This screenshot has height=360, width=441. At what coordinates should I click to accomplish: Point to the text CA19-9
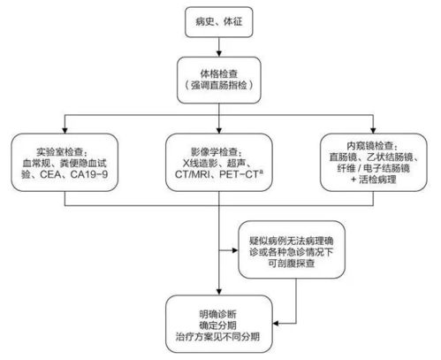pos(88,173)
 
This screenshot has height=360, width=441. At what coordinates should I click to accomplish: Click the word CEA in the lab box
pos(51,173)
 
